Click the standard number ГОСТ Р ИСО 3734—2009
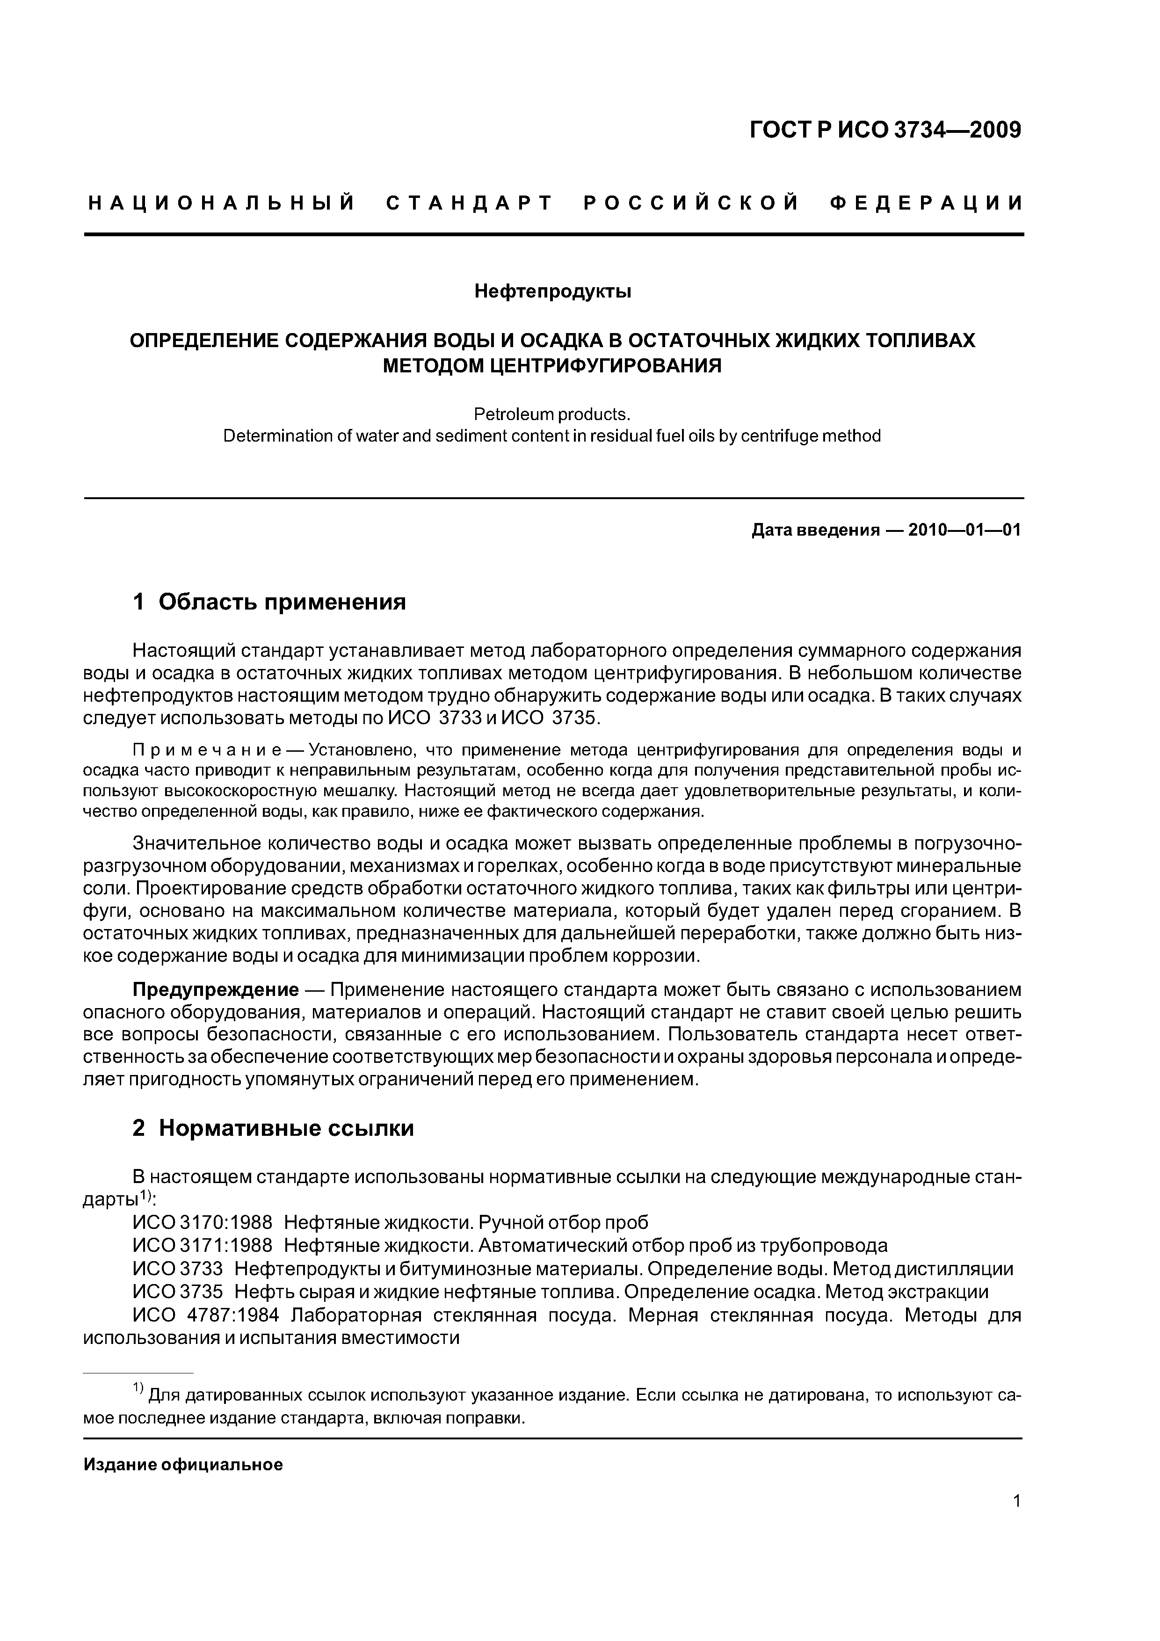click(885, 130)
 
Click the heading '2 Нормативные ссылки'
click(273, 1128)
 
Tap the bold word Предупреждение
click(216, 990)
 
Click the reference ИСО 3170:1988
click(202, 1222)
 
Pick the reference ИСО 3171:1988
click(202, 1245)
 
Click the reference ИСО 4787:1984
click(210, 1315)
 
